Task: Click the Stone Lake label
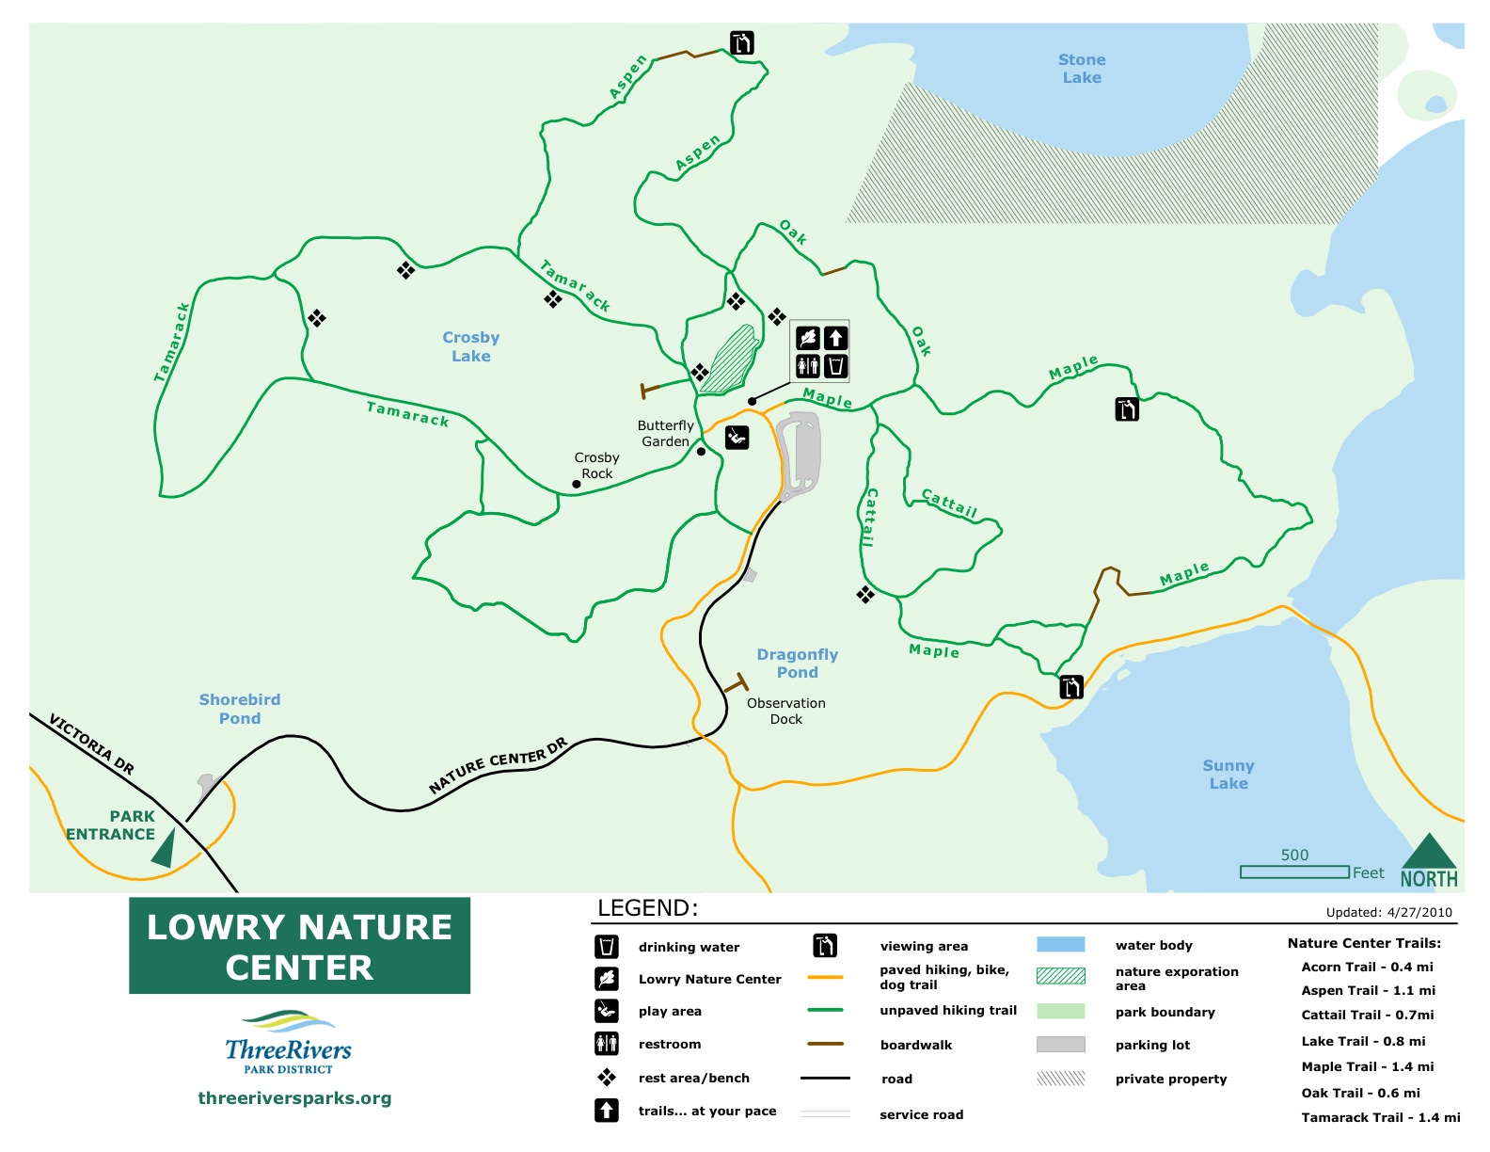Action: tap(1081, 69)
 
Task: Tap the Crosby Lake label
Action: tap(470, 346)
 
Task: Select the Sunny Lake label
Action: tap(1228, 775)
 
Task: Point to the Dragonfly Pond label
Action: tap(797, 664)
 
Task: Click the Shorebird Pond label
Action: tap(239, 709)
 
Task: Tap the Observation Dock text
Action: tap(785, 711)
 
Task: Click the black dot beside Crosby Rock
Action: tap(576, 485)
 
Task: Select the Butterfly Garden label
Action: tap(665, 433)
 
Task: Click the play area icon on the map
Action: tap(737, 437)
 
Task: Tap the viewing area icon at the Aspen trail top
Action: tap(742, 43)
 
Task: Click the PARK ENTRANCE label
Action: tap(111, 825)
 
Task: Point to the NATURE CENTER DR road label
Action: tap(498, 765)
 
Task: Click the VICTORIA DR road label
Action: tap(91, 744)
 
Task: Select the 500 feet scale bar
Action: tap(1294, 872)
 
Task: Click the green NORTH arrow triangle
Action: tap(1429, 851)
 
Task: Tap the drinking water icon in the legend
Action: tap(607, 946)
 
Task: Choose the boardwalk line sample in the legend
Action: tap(825, 1044)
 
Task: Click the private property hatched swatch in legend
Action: tap(1060, 1079)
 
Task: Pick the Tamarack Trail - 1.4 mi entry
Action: tap(1380, 1117)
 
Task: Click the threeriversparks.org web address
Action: tap(294, 1098)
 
